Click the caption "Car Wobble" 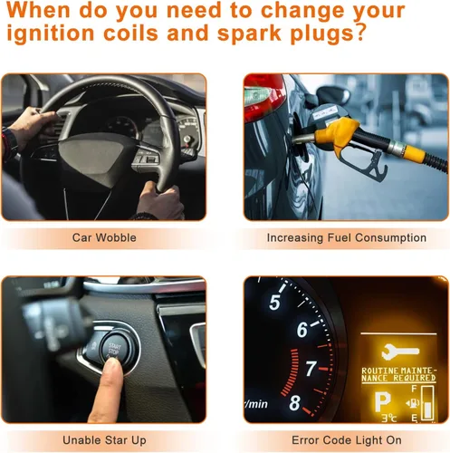[104, 237]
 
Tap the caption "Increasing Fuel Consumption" [347, 238]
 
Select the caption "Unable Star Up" [104, 440]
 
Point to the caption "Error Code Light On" [347, 440]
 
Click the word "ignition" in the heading [51, 33]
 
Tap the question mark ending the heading [359, 33]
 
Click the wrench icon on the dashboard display [400, 352]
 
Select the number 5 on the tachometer [274, 303]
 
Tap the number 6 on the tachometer [302, 330]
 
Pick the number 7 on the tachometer [311, 369]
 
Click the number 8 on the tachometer [295, 403]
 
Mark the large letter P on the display [383, 402]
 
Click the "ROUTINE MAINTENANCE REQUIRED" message [398, 374]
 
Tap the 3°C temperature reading [388, 418]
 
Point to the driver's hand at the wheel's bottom [160, 200]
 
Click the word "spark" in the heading [249, 34]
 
